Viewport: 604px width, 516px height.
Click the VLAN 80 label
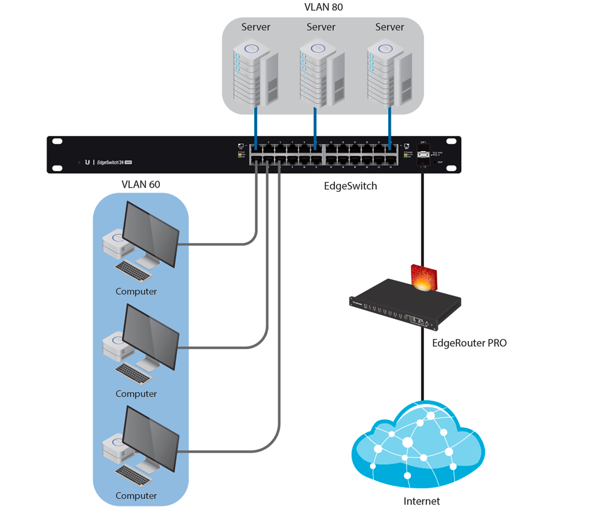pos(323,8)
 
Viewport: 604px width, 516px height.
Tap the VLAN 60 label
pos(140,184)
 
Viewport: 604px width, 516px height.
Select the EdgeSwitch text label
pos(350,186)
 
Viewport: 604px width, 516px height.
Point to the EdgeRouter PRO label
pos(469,343)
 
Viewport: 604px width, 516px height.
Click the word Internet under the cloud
pos(422,502)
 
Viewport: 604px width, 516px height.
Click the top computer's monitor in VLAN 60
pos(151,233)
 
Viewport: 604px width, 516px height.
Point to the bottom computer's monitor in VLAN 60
pos(151,437)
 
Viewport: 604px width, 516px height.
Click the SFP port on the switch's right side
pos(423,155)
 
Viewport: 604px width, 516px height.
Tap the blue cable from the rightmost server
pos(390,126)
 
